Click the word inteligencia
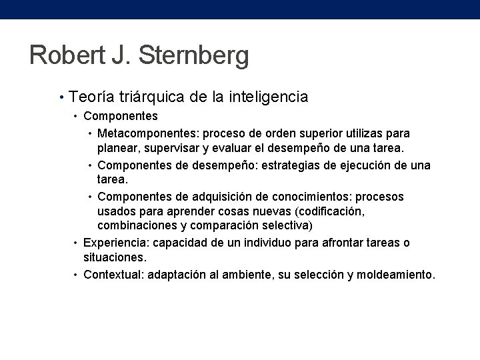coord(269,97)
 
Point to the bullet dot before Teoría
coord(61,98)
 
